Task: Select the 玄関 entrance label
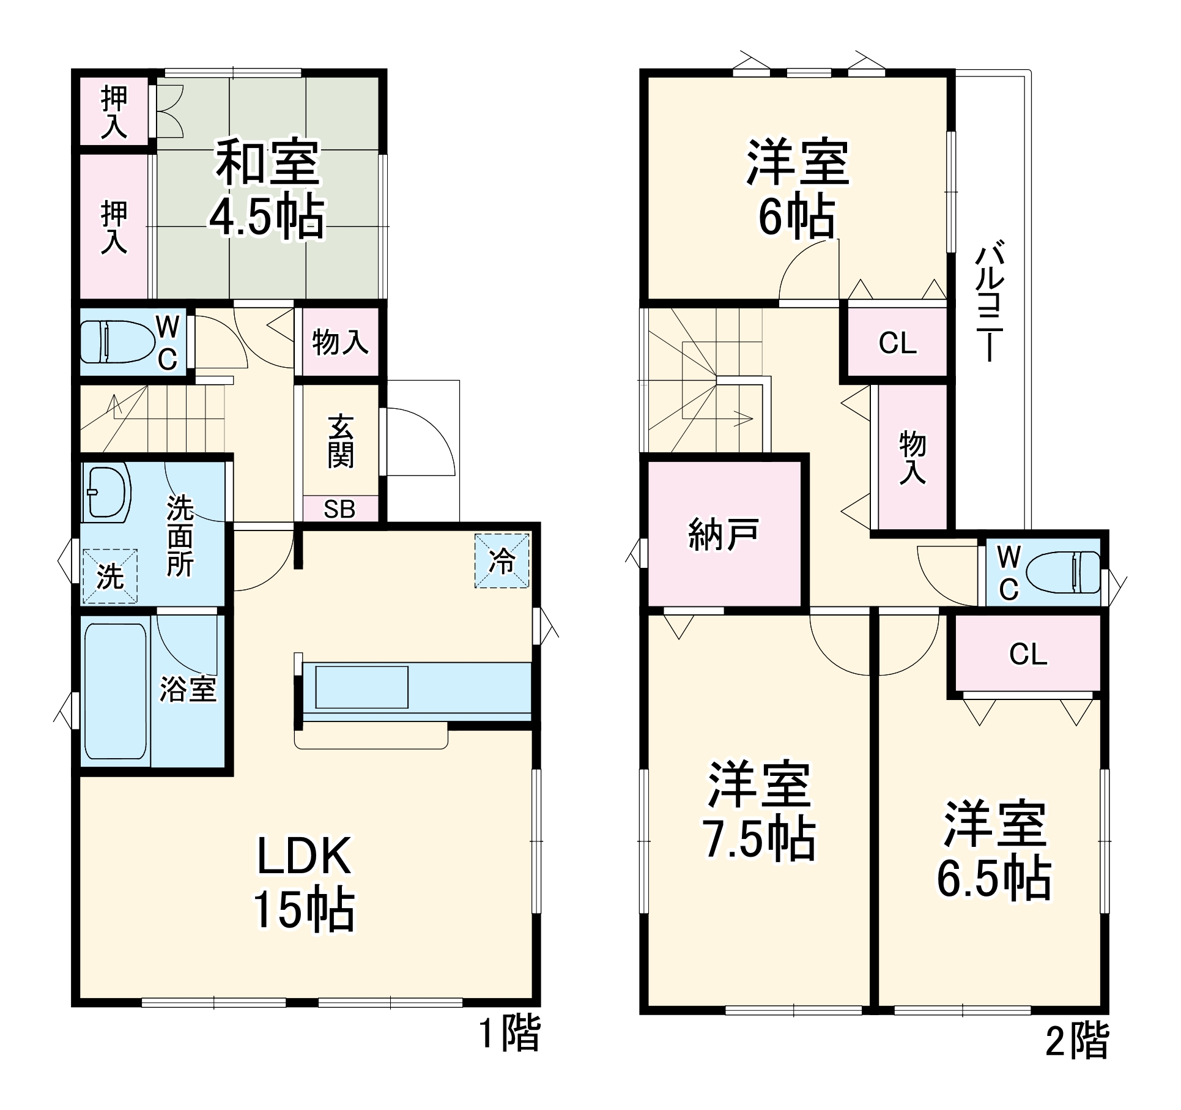point(341,441)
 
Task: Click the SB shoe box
point(339,509)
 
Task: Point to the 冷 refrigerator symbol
point(502,561)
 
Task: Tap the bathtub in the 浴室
point(116,691)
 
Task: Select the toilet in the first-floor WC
point(117,341)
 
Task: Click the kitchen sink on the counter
point(361,687)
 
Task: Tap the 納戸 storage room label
point(724,534)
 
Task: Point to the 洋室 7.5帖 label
point(759,812)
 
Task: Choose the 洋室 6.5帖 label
point(994,851)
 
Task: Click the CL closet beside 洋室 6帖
point(897,343)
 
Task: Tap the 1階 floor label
point(509,1034)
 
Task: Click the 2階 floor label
point(1077,1041)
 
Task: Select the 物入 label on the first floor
point(340,342)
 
